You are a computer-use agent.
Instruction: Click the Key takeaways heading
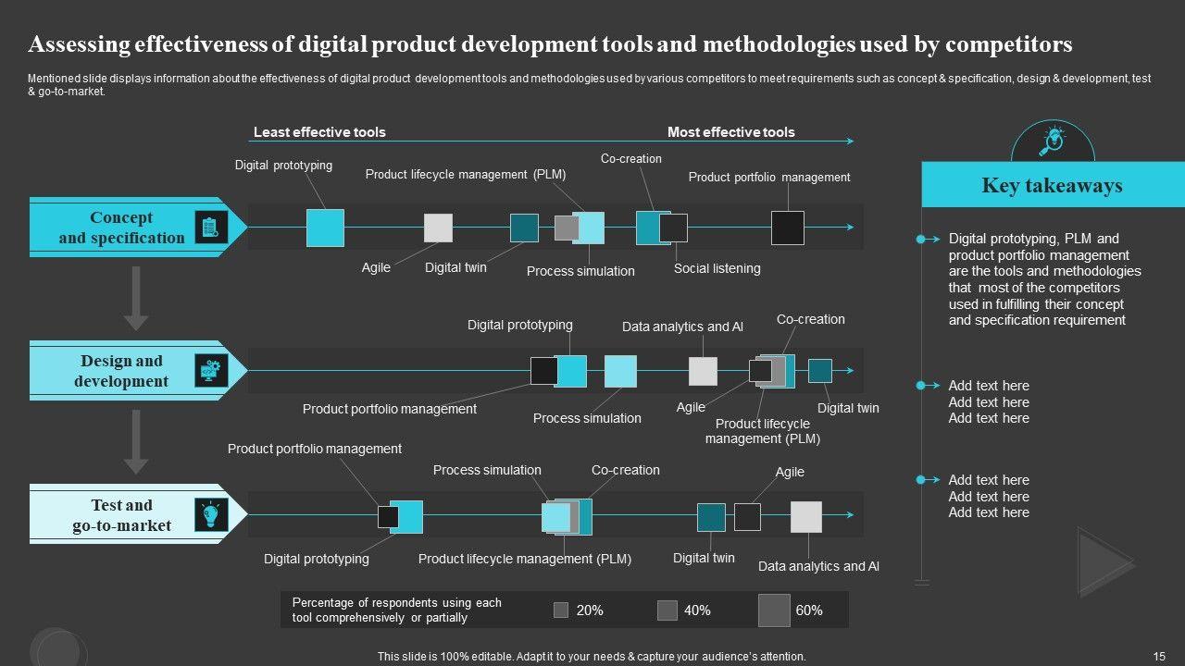[x=1052, y=185]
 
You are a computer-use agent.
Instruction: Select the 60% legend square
[x=774, y=610]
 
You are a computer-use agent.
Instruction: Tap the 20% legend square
[x=561, y=610]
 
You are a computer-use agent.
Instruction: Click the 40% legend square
[x=667, y=610]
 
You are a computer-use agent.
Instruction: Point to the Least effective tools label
[x=319, y=132]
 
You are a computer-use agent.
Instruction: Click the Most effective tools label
[x=730, y=132]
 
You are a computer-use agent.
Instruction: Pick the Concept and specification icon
[x=211, y=228]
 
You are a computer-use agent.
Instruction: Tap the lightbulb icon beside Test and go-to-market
[x=211, y=514]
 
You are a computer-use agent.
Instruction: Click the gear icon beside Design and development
[x=211, y=370]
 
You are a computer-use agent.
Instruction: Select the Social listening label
[x=717, y=268]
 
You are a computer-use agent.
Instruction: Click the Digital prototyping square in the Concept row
[x=325, y=228]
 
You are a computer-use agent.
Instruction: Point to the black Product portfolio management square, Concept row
[x=788, y=228]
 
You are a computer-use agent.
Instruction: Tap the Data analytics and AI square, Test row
[x=805, y=517]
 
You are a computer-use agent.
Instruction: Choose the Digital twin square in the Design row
[x=820, y=371]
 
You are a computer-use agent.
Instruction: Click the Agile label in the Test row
[x=789, y=472]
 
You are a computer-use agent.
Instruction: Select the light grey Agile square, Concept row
[x=438, y=228]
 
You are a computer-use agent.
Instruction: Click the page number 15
[x=1159, y=656]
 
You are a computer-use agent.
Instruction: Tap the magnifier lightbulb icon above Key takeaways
[x=1053, y=142]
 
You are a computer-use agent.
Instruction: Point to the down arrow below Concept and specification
[x=136, y=298]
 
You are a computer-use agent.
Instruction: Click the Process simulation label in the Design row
[x=587, y=418]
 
